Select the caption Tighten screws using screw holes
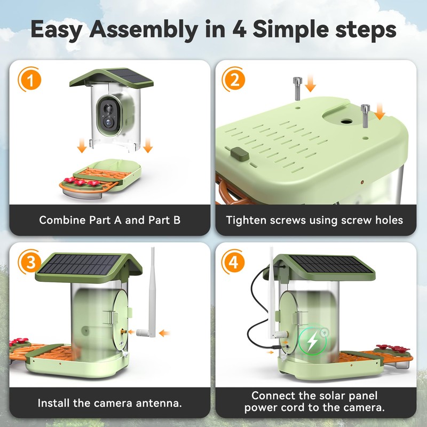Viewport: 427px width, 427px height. pyautogui.click(x=315, y=220)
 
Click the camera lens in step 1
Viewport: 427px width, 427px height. pyautogui.click(x=108, y=121)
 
